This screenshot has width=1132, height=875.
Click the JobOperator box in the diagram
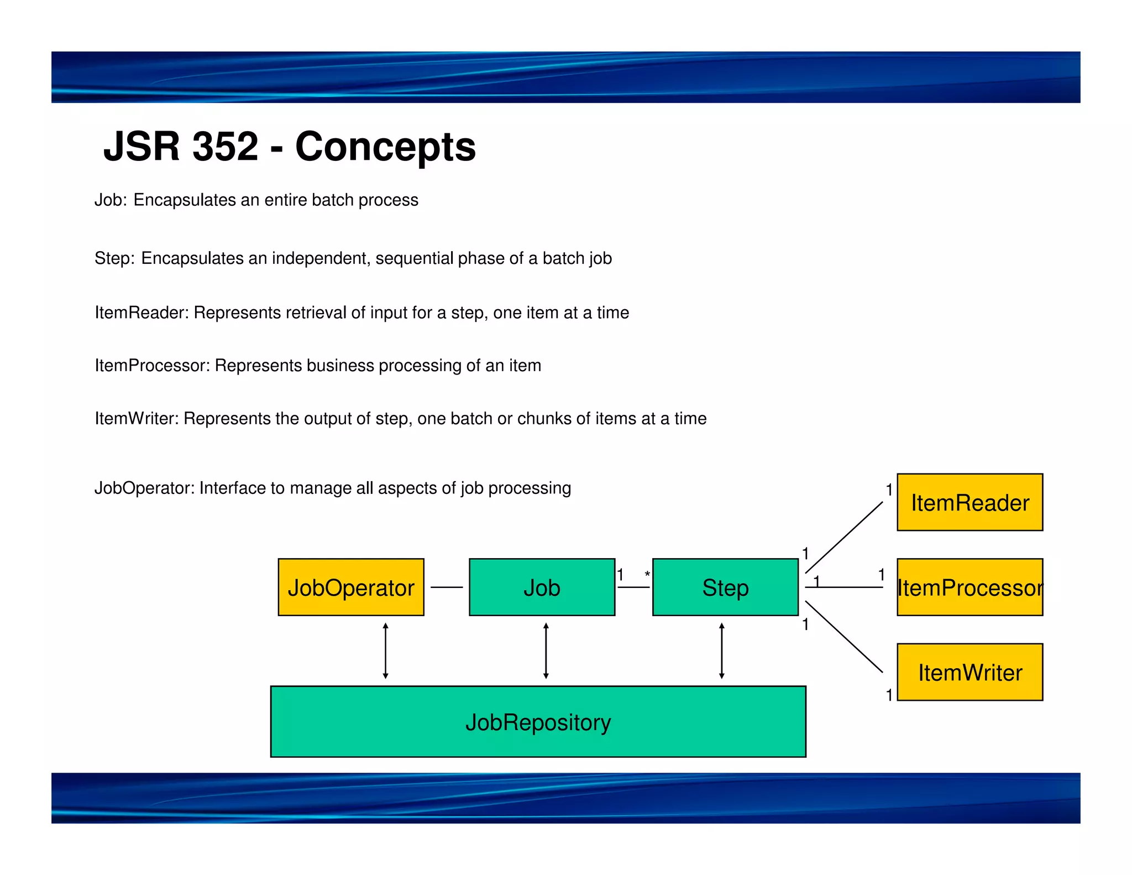click(x=351, y=587)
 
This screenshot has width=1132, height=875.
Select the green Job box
click(x=542, y=587)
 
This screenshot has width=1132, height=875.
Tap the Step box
click(x=725, y=587)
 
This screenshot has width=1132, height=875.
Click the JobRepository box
click(x=538, y=721)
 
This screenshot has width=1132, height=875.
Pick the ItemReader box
click(x=969, y=502)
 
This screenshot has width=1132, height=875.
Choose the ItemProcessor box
click(x=969, y=587)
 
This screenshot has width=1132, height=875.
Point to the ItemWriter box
click(x=969, y=672)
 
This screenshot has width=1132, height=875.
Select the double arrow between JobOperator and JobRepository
click(x=385, y=650)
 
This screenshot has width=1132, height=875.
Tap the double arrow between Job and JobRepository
click(x=546, y=650)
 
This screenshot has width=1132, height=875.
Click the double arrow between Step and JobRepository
click(x=721, y=650)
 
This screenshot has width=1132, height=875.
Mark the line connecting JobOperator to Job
click(x=447, y=587)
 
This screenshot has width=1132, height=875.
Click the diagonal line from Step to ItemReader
click(x=844, y=537)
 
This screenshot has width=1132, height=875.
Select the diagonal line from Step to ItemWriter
click(x=844, y=637)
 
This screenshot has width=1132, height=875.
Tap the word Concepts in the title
click(x=385, y=147)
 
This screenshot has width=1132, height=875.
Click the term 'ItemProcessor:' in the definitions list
click(x=152, y=366)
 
